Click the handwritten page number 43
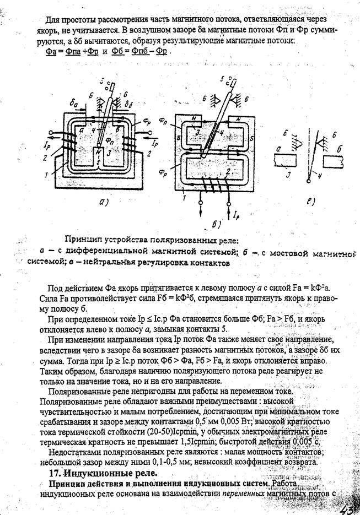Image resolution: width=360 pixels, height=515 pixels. point(349,506)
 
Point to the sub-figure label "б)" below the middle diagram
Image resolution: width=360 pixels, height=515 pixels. point(216,224)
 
